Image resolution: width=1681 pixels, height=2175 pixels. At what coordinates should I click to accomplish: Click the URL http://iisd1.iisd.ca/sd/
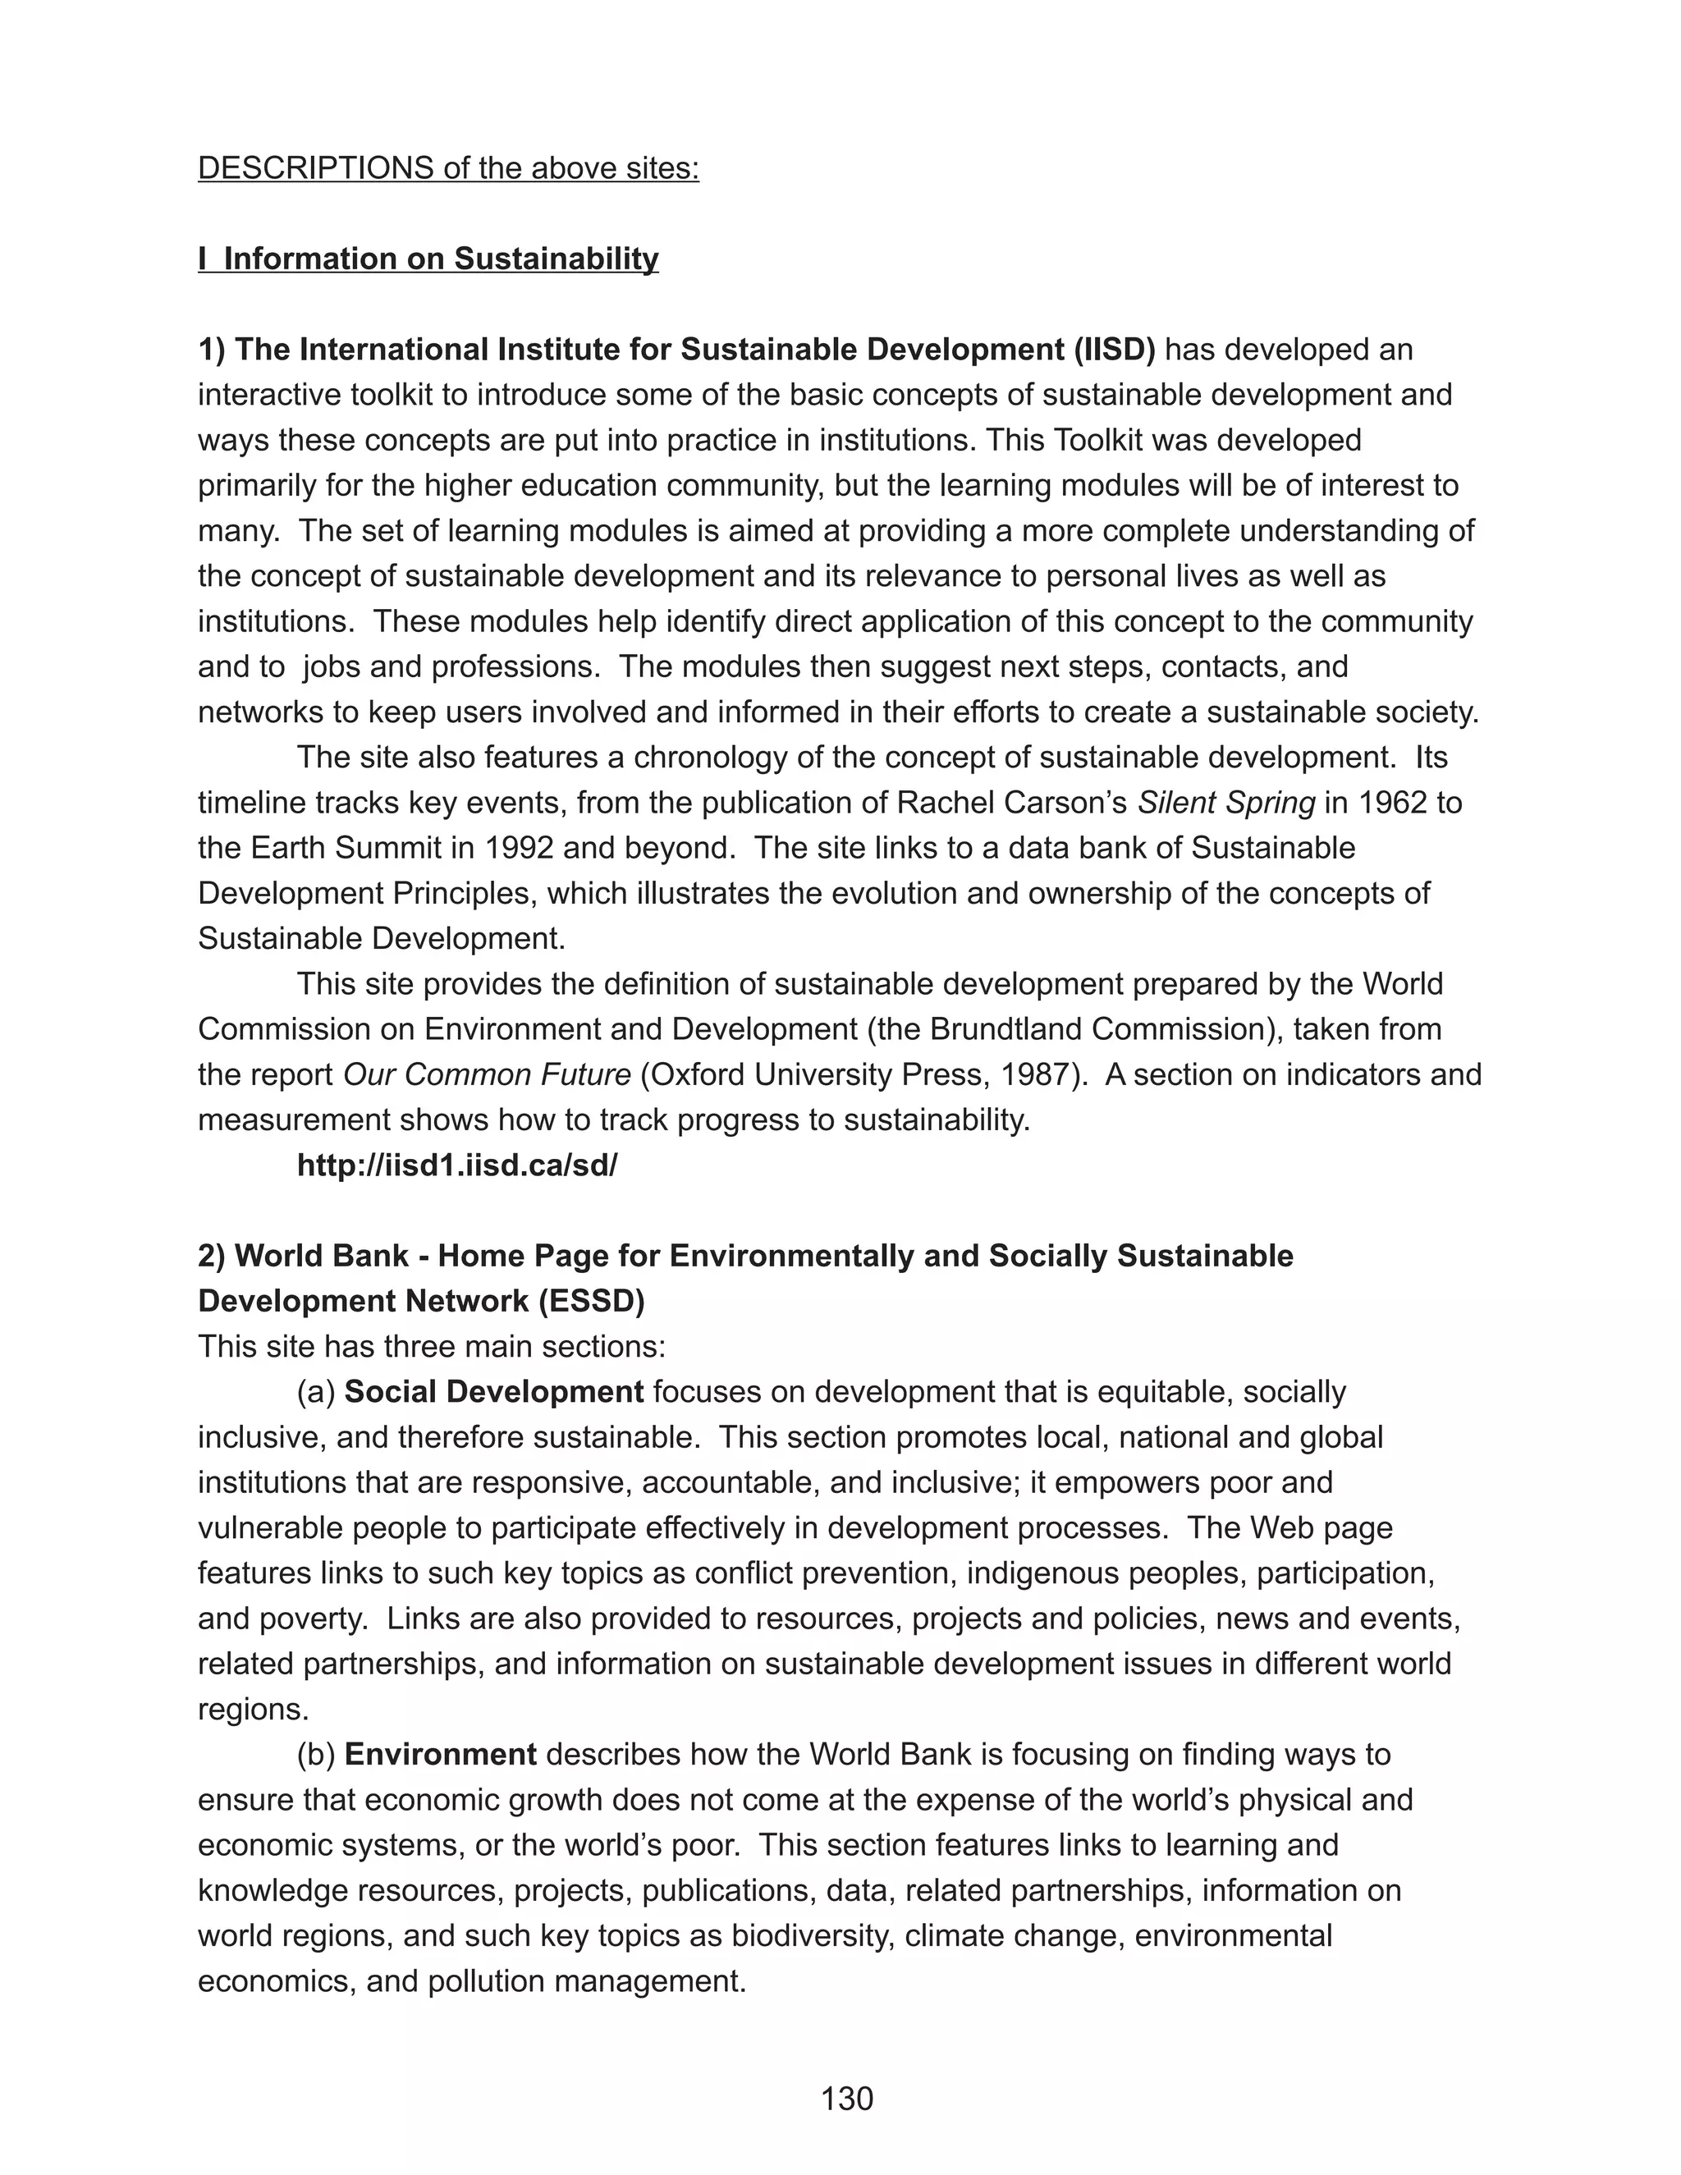[x=457, y=1165]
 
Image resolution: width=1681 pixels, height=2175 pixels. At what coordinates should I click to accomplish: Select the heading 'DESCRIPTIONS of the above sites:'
[x=448, y=167]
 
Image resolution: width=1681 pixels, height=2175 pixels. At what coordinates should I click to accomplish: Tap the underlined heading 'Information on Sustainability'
[x=440, y=259]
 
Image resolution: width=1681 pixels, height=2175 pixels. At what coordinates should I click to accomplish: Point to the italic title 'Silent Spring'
[x=1226, y=803]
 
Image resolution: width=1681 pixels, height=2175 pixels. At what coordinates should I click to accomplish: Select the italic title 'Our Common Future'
[x=487, y=1074]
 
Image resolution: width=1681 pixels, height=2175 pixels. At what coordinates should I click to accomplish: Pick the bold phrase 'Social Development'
[x=494, y=1391]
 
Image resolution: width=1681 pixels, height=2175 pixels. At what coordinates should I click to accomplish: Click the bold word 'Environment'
[x=440, y=1754]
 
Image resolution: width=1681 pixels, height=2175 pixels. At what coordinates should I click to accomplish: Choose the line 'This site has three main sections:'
[x=431, y=1346]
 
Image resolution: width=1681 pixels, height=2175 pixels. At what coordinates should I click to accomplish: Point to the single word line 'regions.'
[x=253, y=1709]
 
